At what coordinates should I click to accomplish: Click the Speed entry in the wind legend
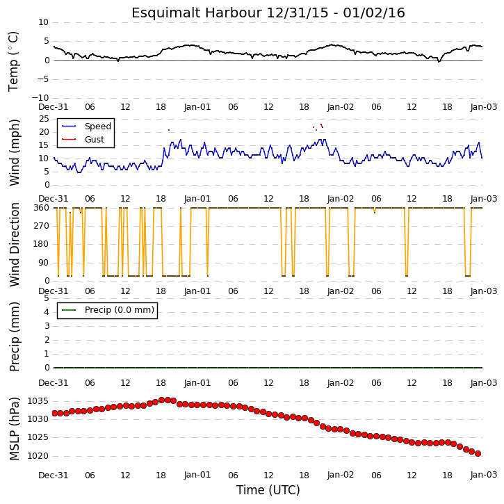98,127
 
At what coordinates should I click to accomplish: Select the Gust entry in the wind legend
95,140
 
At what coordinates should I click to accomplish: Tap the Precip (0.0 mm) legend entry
120,310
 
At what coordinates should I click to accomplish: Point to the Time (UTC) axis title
268,490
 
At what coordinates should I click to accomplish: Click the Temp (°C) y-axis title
13,61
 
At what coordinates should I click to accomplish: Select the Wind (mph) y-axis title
15,153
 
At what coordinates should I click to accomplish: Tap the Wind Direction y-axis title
15,245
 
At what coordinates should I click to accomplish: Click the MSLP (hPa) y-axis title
15,429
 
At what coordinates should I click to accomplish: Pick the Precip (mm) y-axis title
15,337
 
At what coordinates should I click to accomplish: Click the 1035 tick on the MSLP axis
38,401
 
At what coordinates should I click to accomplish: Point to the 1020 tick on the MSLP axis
38,456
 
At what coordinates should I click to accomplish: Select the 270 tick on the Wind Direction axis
42,226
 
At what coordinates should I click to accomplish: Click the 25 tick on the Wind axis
44,119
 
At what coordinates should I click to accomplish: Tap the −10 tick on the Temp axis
40,98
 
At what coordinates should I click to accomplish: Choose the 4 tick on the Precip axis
47,312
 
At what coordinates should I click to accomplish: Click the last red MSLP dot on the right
478,453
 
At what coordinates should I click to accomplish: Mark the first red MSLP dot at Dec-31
54,413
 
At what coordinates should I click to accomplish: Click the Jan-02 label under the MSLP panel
341,475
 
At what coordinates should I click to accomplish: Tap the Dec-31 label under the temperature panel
54,107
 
